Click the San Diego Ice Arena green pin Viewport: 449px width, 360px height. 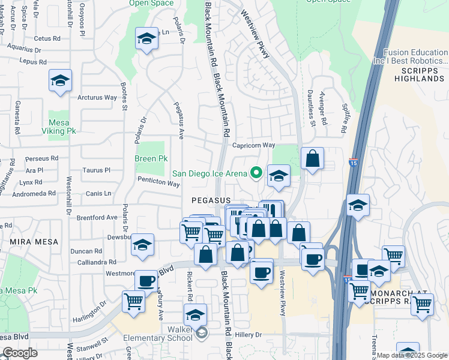click(x=256, y=173)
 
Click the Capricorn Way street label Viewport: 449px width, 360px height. click(x=253, y=145)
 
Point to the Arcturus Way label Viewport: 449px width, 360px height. click(x=97, y=97)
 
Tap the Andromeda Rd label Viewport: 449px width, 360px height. click(x=36, y=194)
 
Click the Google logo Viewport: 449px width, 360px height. click(x=20, y=353)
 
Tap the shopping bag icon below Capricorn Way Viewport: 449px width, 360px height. click(x=313, y=159)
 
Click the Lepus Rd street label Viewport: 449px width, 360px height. click(x=32, y=61)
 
